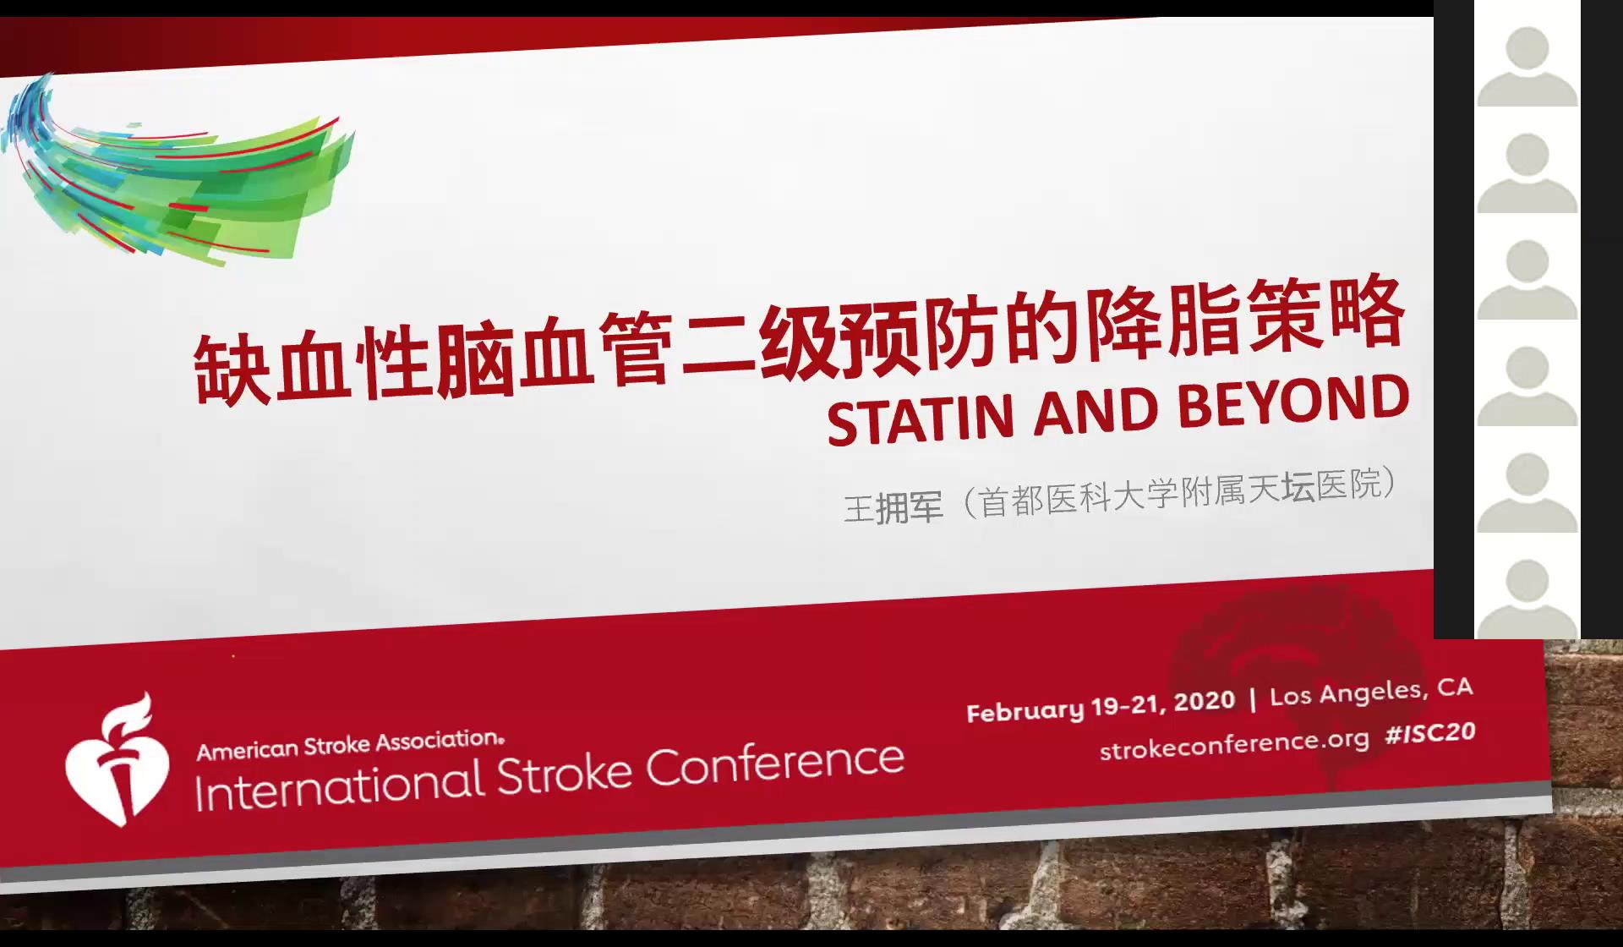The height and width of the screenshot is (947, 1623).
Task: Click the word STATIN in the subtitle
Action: (x=920, y=419)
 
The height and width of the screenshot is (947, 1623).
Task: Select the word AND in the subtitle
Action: (x=1096, y=410)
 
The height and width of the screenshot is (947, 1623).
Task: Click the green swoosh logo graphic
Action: (x=178, y=169)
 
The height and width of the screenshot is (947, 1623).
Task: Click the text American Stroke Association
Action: (x=351, y=745)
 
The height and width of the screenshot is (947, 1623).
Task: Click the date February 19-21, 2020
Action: (x=1101, y=705)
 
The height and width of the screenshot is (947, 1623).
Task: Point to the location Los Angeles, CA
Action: (x=1371, y=692)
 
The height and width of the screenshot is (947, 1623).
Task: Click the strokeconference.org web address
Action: (x=1234, y=744)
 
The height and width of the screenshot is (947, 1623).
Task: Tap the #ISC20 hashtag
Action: (x=1430, y=732)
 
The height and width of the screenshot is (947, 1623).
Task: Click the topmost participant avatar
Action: (x=1527, y=66)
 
